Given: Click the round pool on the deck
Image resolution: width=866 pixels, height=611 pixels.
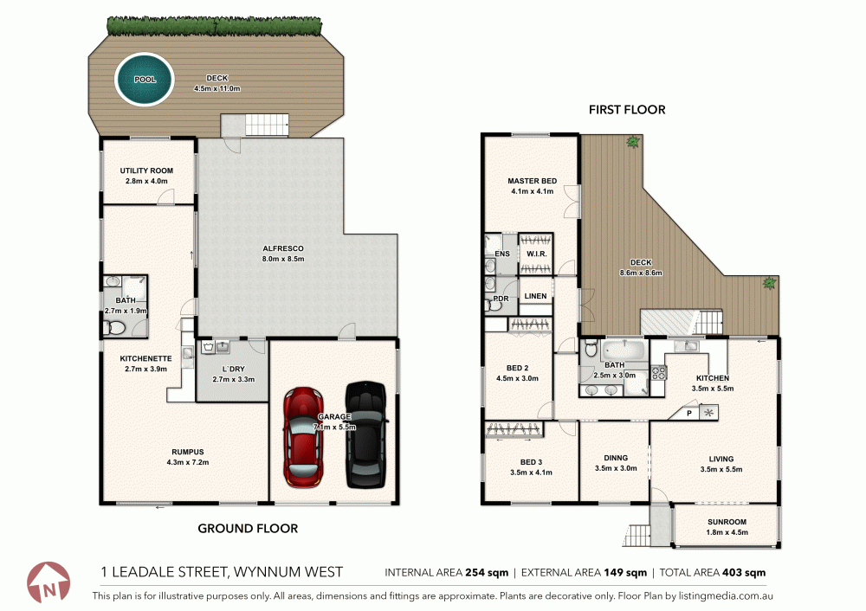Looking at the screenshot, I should (145, 79).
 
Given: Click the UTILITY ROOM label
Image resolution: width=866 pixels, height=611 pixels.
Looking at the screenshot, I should (146, 170).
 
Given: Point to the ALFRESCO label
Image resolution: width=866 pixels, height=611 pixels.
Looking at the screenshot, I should (283, 248).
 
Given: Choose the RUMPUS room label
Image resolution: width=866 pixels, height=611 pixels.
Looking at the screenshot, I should (187, 451).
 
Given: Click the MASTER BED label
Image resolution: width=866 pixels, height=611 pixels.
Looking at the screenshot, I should (532, 181).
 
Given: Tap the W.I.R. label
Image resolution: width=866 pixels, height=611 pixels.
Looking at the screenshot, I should (535, 254).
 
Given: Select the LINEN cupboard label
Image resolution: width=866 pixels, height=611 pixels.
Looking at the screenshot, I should (535, 297).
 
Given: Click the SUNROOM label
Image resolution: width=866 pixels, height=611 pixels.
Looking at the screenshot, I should (726, 522).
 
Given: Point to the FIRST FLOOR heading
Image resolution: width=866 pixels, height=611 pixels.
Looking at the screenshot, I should (627, 110).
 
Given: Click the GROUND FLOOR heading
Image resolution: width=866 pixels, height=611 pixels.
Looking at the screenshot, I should (248, 528).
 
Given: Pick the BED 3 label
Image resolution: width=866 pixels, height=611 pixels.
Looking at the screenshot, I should (532, 461).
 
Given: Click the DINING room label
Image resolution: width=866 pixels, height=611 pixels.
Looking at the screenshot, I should (617, 458).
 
